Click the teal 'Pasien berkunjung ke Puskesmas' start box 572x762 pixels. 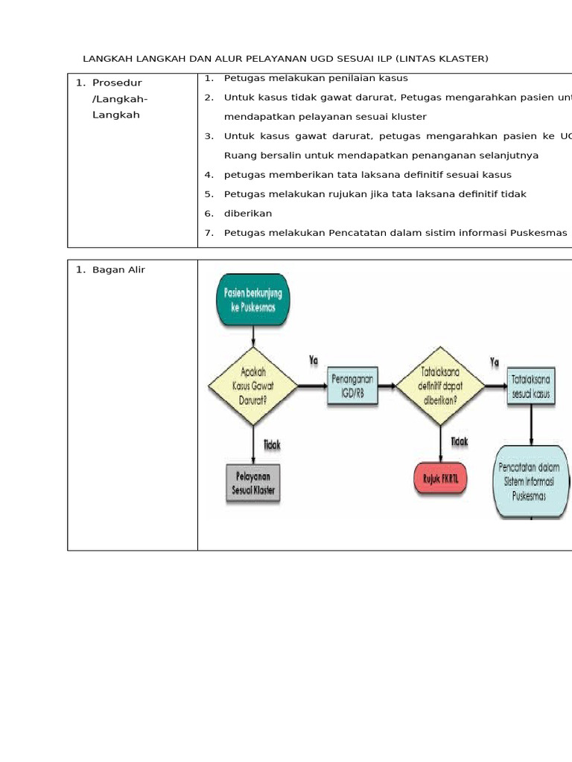point(253,300)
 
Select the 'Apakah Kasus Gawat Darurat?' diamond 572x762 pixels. point(253,385)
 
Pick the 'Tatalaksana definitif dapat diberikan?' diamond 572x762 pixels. point(439,385)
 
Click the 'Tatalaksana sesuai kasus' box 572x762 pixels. point(531,386)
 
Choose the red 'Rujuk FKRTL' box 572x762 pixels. point(440,479)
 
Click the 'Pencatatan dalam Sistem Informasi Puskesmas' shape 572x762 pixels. point(531,481)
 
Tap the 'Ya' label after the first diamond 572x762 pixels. point(314,360)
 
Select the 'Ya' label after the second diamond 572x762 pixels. point(495,362)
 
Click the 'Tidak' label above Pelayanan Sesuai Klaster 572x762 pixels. point(272,444)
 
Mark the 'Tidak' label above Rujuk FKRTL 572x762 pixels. point(460,441)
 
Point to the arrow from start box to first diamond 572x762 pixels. point(253,336)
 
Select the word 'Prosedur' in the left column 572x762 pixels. point(117,83)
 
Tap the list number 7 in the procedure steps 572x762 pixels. point(209,233)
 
